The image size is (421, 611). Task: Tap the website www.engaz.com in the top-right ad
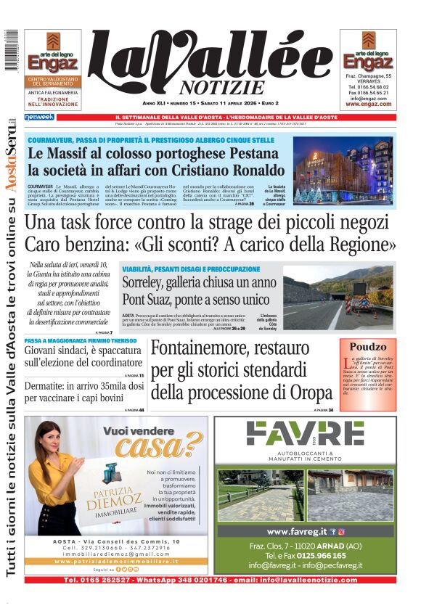(368, 104)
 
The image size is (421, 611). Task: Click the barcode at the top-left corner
(12, 50)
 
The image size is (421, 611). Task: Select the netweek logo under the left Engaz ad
(39, 117)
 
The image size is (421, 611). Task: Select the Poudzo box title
(368, 347)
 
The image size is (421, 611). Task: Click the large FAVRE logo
(304, 432)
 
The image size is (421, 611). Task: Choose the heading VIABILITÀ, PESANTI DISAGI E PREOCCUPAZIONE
(191, 268)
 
